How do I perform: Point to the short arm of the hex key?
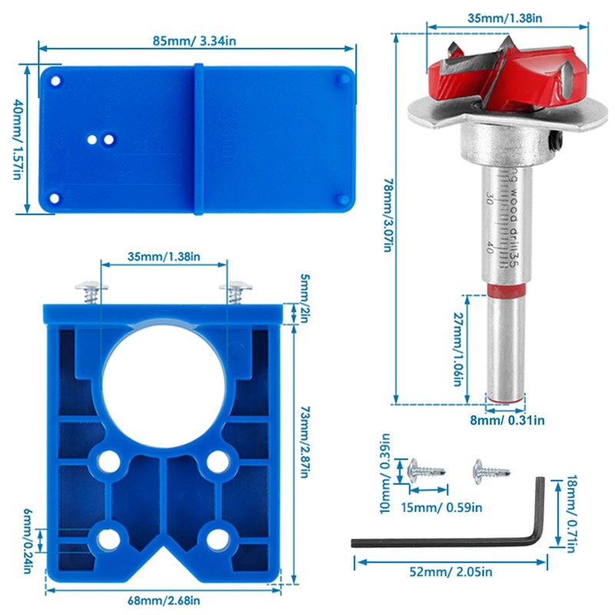[540, 507]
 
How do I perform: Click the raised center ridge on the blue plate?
[198, 138]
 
